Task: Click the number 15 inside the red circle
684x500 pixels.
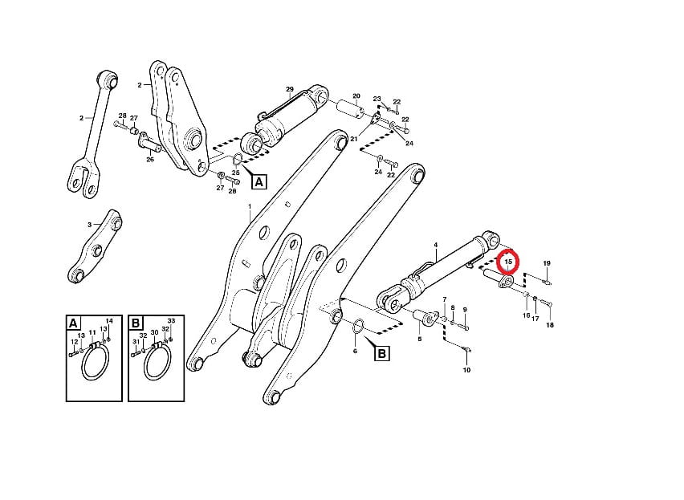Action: [x=508, y=262]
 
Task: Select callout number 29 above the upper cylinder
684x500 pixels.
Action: [x=290, y=89]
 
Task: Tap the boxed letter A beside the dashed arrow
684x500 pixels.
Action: [x=259, y=181]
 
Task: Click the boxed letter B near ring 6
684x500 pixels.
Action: [x=381, y=353]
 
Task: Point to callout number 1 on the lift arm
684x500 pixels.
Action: [x=250, y=206]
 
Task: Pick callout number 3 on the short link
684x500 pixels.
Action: [x=89, y=225]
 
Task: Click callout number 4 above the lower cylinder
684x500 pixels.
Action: [x=435, y=246]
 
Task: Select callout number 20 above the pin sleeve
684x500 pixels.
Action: [x=356, y=96]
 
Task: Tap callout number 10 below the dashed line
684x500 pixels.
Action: [x=466, y=370]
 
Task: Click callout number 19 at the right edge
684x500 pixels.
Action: [x=547, y=263]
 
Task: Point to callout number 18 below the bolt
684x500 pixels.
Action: [x=550, y=325]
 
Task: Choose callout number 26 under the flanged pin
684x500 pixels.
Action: [x=150, y=160]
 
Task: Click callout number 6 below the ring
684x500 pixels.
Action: [x=355, y=351]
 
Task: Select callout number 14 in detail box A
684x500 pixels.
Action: [x=109, y=321]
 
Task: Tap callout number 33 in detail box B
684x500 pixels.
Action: [x=172, y=321]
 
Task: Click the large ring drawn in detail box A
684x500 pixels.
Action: [x=94, y=362]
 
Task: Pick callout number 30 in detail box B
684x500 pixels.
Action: [x=154, y=332]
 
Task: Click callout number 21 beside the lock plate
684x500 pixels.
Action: [x=354, y=139]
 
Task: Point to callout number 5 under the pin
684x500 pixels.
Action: [x=420, y=338]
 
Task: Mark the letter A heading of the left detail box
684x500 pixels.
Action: [x=73, y=323]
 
